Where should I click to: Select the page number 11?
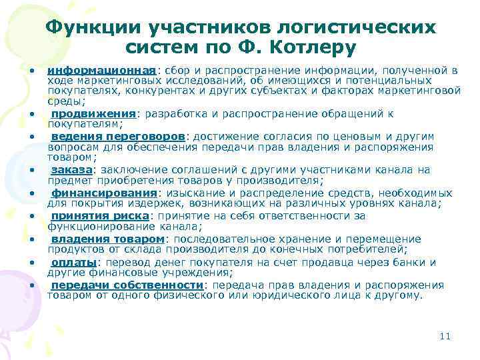click(445, 336)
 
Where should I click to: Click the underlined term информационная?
click(101, 70)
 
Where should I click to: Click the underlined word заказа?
click(69, 169)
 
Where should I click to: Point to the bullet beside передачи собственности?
click(32, 286)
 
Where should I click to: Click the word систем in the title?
click(155, 48)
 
